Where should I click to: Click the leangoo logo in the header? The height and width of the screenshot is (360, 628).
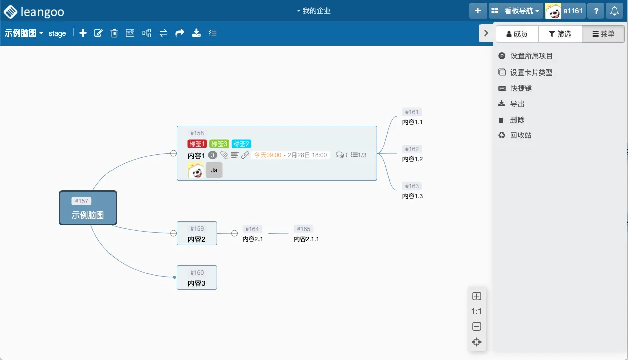pyautogui.click(x=34, y=11)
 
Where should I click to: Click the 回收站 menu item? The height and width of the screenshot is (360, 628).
pyautogui.click(x=521, y=135)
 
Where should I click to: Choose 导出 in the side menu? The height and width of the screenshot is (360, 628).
pyautogui.click(x=517, y=104)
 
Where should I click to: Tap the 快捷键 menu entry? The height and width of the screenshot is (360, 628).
pyautogui.click(x=521, y=88)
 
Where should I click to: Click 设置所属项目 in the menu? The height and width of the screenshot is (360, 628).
pyautogui.click(x=531, y=56)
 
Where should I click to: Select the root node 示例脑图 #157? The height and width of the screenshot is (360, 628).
pyautogui.click(x=88, y=208)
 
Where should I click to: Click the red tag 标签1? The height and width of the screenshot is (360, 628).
pyautogui.click(x=197, y=144)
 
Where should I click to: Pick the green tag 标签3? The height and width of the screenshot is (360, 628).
pyautogui.click(x=219, y=144)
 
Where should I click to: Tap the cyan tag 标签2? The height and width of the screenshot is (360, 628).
pyautogui.click(x=241, y=144)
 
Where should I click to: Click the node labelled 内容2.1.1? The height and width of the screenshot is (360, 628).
pyautogui.click(x=306, y=239)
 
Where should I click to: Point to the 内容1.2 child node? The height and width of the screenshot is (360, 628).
pyautogui.click(x=412, y=159)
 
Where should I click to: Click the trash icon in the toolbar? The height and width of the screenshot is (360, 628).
pyautogui.click(x=114, y=33)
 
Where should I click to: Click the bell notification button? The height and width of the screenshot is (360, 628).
pyautogui.click(x=614, y=11)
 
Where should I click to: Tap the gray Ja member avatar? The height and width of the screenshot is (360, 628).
pyautogui.click(x=214, y=170)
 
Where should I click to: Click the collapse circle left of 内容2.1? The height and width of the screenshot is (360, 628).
pyautogui.click(x=234, y=233)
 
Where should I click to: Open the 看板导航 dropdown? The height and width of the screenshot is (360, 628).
pyautogui.click(x=522, y=11)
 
